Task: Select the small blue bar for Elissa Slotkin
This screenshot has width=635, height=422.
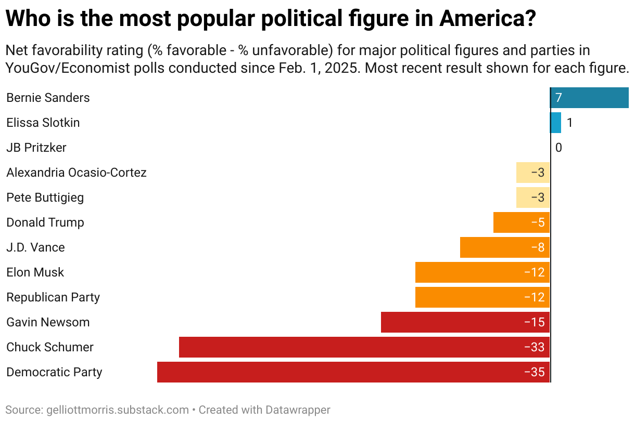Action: pos(555,123)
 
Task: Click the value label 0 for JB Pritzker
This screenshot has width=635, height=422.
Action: pos(558,148)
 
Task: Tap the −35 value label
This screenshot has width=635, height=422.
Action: pos(535,372)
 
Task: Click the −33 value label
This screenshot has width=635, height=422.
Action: pos(535,347)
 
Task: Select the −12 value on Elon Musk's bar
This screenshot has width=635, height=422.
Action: pos(535,272)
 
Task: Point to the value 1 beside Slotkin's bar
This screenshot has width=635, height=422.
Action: pos(569,123)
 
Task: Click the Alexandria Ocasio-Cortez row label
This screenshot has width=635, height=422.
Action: pos(77,173)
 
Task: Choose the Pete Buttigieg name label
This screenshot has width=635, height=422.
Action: pos(45,197)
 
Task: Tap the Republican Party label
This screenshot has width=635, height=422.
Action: pos(53,297)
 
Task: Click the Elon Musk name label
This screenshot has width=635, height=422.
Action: pos(35,272)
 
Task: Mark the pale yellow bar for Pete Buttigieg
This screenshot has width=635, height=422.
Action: pos(532,197)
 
